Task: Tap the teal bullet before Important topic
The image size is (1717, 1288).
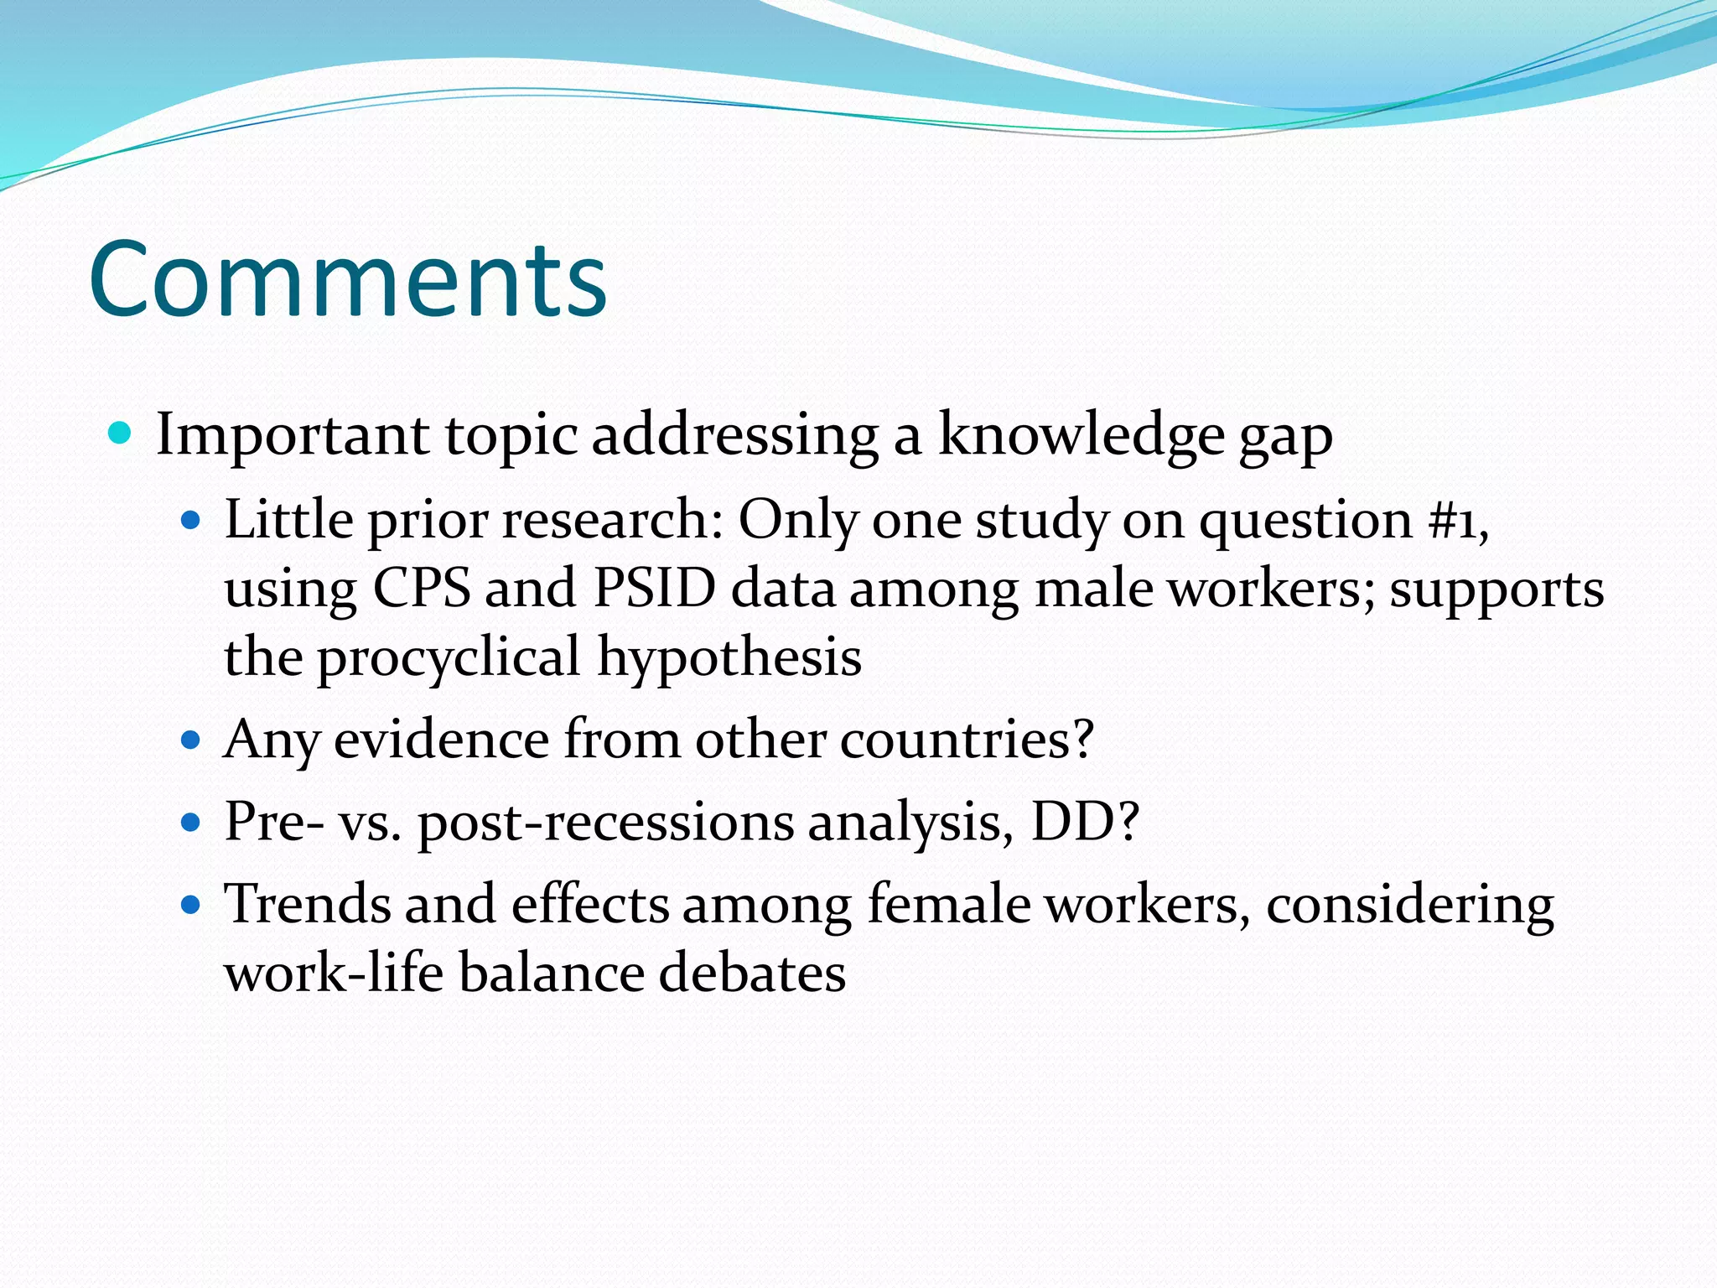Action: (x=121, y=433)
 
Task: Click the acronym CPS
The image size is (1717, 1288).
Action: (x=422, y=588)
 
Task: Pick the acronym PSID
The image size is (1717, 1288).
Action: (x=654, y=588)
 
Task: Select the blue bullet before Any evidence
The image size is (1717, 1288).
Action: (x=192, y=740)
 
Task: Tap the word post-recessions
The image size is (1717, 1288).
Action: (x=605, y=823)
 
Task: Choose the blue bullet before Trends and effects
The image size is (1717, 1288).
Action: (x=192, y=905)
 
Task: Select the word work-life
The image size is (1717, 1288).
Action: (x=334, y=973)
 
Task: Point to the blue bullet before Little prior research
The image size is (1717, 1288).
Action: (x=192, y=521)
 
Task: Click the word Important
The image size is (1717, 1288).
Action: (x=293, y=436)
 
